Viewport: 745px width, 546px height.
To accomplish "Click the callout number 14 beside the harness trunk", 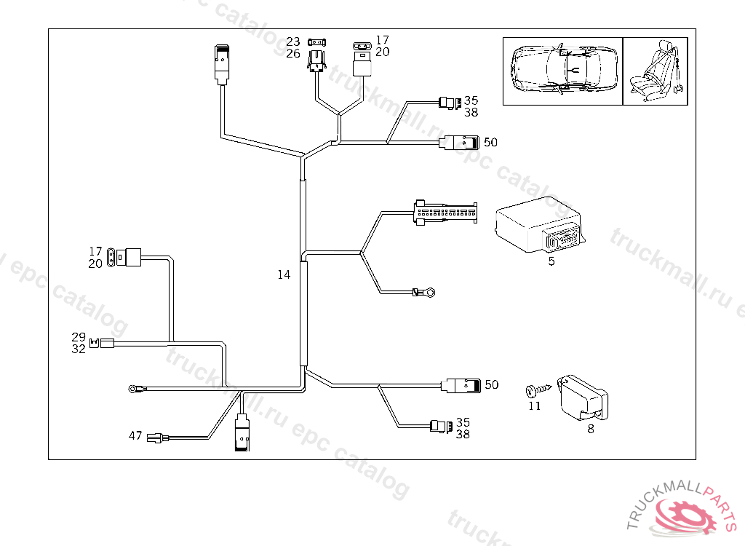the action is pos(284,274).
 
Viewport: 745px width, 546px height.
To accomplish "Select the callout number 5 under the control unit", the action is pos(551,261).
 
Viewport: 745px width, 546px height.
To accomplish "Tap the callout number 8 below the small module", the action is pos(590,429).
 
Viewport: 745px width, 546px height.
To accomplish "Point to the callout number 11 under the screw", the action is pos(535,405).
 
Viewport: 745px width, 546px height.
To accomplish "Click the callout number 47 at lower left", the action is pos(135,436).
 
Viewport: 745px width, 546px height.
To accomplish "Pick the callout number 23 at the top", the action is pos(292,41).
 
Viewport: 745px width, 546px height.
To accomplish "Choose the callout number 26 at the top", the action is pos(292,53).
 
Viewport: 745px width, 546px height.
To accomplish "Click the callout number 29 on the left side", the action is pos(79,337).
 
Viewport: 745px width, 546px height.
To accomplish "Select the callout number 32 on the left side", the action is pos(79,349).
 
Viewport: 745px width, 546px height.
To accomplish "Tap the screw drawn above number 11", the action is pos(533,390).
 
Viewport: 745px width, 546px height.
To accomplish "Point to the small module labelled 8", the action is pos(581,397).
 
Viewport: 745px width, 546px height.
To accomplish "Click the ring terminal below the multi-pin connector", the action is pos(430,293).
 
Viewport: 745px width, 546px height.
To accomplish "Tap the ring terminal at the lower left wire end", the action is pos(134,389).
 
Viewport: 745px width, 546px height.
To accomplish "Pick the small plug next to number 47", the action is pos(156,438).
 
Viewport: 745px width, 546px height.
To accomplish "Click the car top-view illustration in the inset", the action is pos(562,69).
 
